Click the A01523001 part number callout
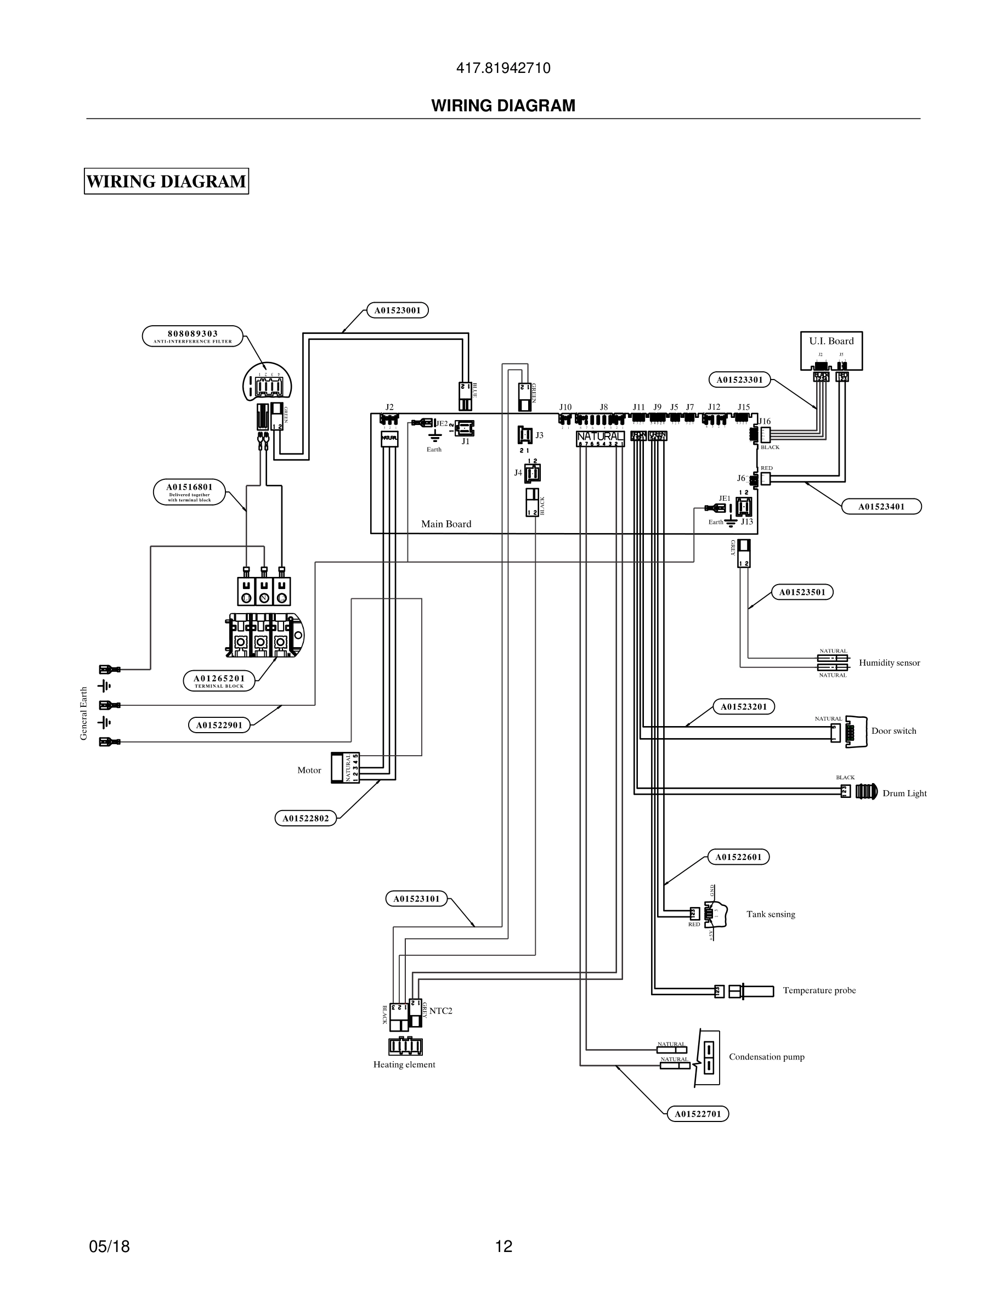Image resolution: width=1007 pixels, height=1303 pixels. pyautogui.click(x=397, y=310)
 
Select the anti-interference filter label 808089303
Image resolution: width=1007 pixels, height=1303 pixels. pyautogui.click(x=193, y=335)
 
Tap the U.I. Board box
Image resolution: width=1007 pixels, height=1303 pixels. pyautogui.click(x=831, y=350)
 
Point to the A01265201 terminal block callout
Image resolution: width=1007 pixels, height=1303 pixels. pyautogui.click(x=219, y=681)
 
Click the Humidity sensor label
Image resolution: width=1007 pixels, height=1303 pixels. pyautogui.click(x=889, y=663)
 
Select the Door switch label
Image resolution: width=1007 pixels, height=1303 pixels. pyautogui.click(x=893, y=731)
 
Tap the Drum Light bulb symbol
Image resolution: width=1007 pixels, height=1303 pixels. pyautogui.click(x=866, y=792)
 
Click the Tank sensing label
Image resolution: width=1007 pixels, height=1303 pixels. pyautogui.click(x=770, y=914)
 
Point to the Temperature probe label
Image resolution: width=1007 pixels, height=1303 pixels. pyautogui.click(x=818, y=990)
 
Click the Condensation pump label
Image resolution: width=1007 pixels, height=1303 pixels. pyautogui.click(x=766, y=1057)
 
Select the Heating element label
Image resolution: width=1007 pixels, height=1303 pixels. pyautogui.click(x=404, y=1064)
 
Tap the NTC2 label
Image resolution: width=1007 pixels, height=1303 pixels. pyautogui.click(x=440, y=1011)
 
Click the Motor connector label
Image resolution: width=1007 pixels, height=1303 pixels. pyautogui.click(x=309, y=770)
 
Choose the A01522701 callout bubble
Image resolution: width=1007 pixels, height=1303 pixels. pyautogui.click(x=697, y=1113)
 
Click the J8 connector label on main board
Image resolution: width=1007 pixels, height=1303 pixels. pyautogui.click(x=603, y=407)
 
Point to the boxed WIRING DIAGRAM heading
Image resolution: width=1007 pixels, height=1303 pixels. pyautogui.click(x=166, y=182)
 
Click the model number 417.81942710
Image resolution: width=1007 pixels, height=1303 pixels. pyautogui.click(x=503, y=68)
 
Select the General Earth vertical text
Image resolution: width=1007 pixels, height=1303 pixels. pyautogui.click(x=83, y=713)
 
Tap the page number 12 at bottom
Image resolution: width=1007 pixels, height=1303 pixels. pyautogui.click(x=503, y=1246)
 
